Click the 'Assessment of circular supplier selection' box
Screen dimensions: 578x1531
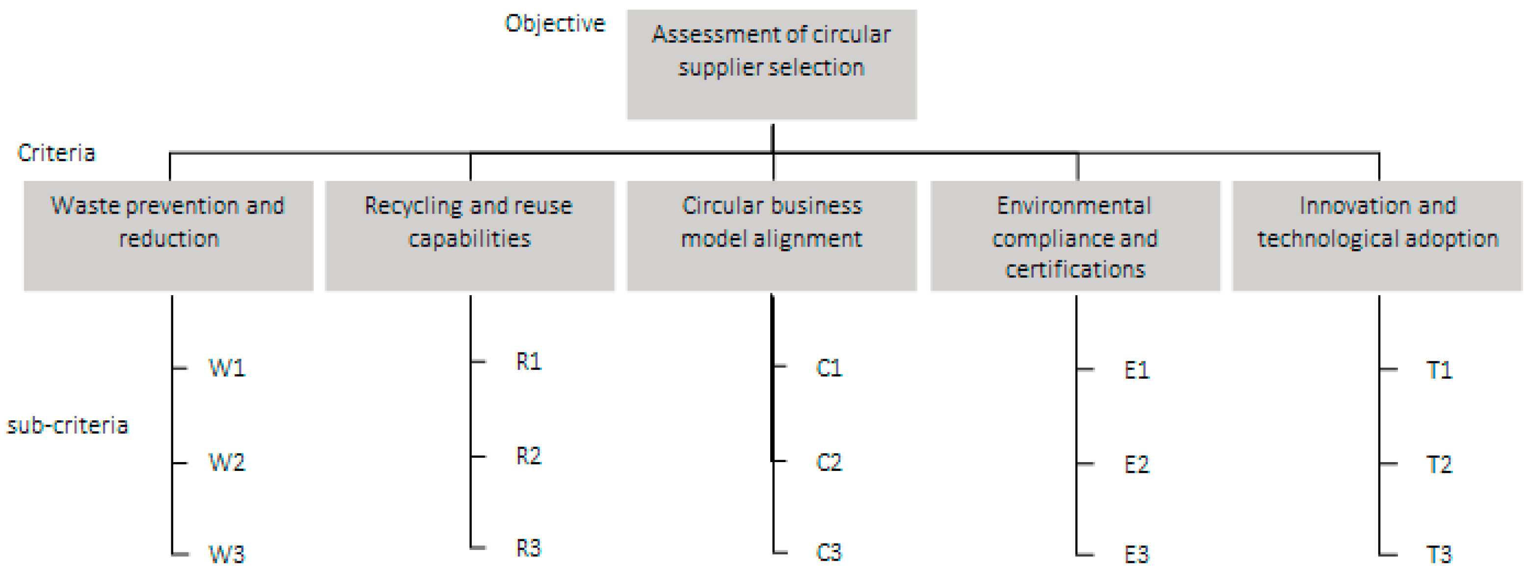[x=772, y=64]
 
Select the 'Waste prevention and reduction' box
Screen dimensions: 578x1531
[x=168, y=236]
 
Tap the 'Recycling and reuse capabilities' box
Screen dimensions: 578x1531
[x=470, y=236]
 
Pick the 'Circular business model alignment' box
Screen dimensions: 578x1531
[x=772, y=236]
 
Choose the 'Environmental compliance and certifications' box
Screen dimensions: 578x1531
[x=1075, y=236]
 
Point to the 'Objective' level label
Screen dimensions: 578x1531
[x=555, y=24]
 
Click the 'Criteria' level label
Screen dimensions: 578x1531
[x=56, y=153]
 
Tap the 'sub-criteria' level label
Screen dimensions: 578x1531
[x=67, y=426]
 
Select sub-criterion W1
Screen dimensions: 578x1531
[x=226, y=368]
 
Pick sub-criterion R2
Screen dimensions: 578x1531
[x=528, y=456]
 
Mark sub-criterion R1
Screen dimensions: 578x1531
[x=528, y=361]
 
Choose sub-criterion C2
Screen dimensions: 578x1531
[x=829, y=462]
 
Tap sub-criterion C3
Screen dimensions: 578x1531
[x=829, y=553]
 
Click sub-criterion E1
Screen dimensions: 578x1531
[x=1136, y=370]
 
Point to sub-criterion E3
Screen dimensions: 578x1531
[x=1136, y=555]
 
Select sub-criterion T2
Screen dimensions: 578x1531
[x=1439, y=465]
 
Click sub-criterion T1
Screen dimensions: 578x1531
[x=1439, y=370]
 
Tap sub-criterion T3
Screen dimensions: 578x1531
[x=1439, y=555]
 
